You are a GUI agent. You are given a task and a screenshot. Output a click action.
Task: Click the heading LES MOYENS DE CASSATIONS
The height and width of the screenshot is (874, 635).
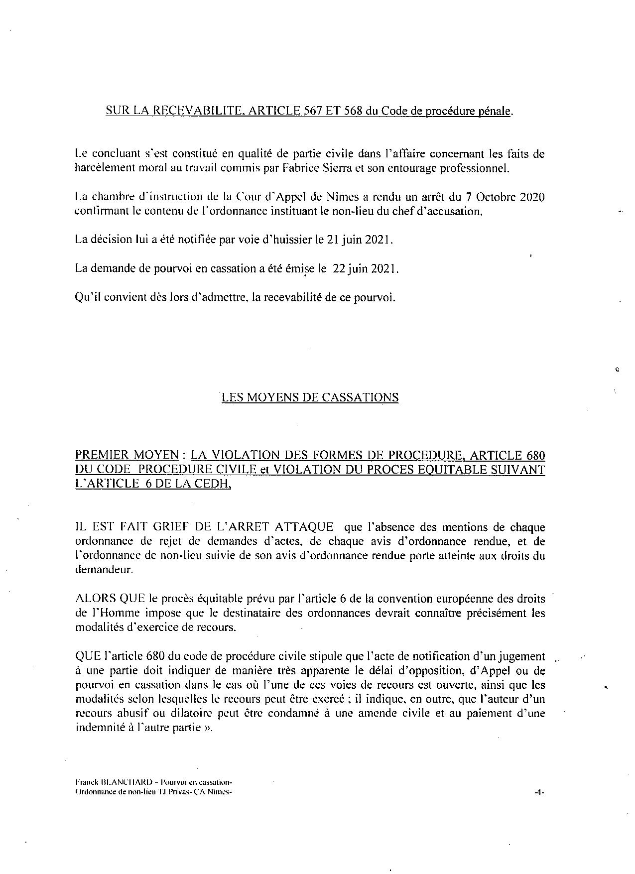pyautogui.click(x=310, y=397)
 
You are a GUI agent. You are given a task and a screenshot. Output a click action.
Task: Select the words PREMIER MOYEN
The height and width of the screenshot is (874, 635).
pyautogui.click(x=127, y=455)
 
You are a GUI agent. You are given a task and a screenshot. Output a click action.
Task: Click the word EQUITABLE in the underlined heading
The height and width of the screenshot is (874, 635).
pyautogui.click(x=469, y=470)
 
